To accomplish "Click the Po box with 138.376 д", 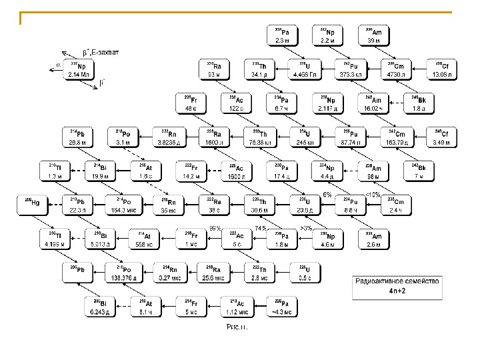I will (126, 273).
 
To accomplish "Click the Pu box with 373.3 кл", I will (349, 69).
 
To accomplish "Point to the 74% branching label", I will (261, 227).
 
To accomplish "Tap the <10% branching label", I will (373, 194).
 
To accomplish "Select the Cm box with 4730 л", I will (397, 69).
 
